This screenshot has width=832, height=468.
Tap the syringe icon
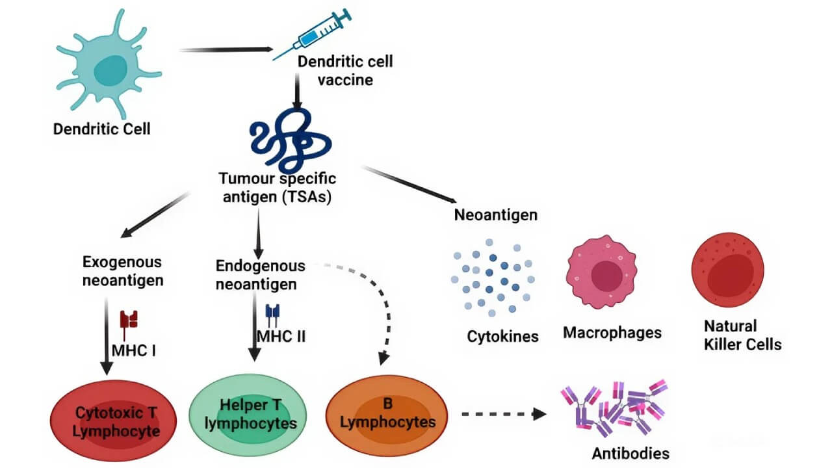tap(312, 36)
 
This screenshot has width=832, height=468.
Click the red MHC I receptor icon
tap(129, 319)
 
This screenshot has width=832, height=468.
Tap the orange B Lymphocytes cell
tap(387, 413)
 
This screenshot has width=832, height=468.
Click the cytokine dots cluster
tap(494, 276)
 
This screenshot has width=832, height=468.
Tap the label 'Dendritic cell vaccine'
tap(344, 71)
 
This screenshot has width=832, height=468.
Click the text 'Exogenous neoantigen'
tap(122, 271)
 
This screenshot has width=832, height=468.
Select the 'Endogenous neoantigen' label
tap(259, 275)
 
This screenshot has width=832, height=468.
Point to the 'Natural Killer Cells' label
tap(742, 335)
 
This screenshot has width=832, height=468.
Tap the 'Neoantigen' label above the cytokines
tap(495, 214)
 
